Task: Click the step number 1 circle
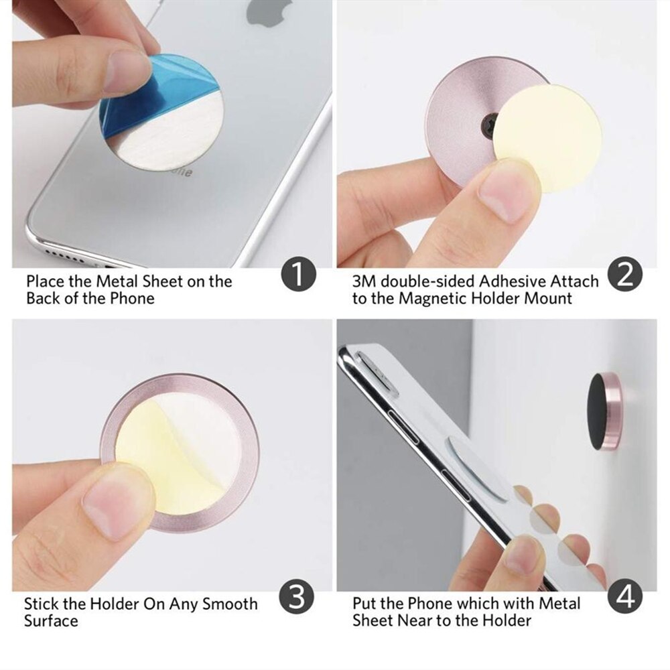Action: click(298, 276)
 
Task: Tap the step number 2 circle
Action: click(624, 275)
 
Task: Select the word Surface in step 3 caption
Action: click(51, 620)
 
